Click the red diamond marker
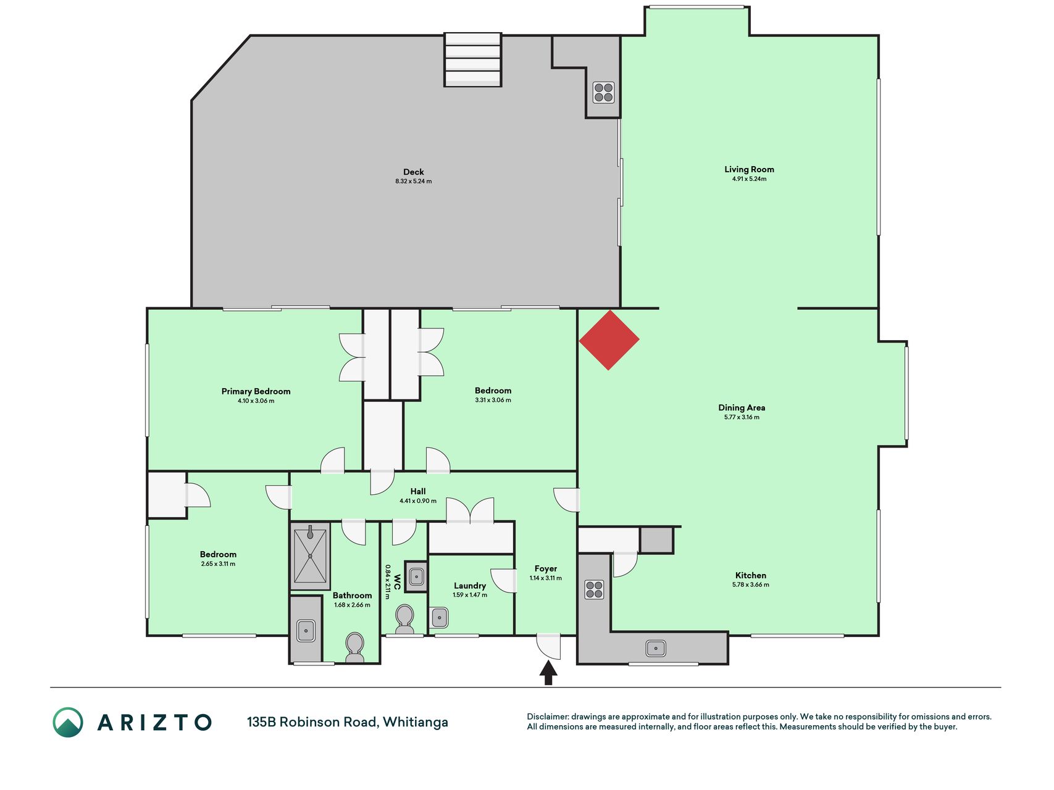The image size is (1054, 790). [609, 340]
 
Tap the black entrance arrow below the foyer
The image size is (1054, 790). [548, 673]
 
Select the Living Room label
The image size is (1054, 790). [749, 169]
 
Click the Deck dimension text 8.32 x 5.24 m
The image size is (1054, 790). [414, 181]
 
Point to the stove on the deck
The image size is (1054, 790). [603, 93]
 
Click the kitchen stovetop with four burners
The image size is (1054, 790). [594, 589]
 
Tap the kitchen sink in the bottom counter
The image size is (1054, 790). [656, 648]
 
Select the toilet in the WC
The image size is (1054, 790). [404, 619]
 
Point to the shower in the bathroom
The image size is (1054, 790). [310, 555]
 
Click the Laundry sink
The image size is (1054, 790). [440, 617]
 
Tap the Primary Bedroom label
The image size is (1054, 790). [256, 391]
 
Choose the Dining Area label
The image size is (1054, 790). [742, 407]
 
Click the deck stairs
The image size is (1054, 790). [473, 59]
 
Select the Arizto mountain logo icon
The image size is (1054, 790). [68, 722]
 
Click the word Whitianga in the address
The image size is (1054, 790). [416, 722]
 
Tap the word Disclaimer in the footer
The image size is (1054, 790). [548, 717]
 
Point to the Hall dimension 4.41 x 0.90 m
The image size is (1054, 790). [418, 501]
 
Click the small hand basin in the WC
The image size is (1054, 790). [416, 576]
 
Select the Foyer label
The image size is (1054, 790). [546, 568]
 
